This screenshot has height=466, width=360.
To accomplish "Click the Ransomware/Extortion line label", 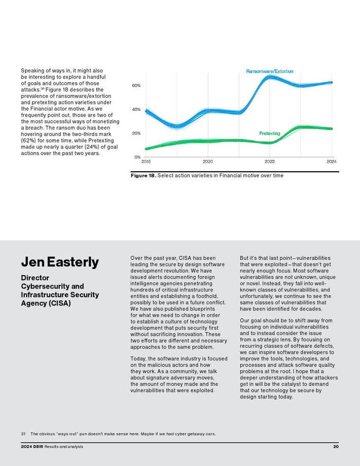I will click(270, 71).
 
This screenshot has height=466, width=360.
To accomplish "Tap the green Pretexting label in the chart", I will click(269, 133).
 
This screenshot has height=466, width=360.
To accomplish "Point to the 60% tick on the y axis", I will click(136, 85).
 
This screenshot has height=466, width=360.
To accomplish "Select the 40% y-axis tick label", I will click(136, 110).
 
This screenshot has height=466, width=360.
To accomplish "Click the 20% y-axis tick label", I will click(136, 133).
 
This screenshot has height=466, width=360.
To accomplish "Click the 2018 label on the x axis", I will click(146, 162).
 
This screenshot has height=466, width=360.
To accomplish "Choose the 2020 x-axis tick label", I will click(208, 162).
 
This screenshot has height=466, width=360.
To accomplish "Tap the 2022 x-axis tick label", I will click(269, 162).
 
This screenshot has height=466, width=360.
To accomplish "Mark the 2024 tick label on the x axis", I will click(332, 162).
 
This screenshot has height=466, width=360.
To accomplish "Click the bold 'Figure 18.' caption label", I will click(143, 176).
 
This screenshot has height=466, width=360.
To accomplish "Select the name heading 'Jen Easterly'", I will click(60, 262).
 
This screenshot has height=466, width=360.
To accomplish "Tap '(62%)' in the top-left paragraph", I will click(28, 140).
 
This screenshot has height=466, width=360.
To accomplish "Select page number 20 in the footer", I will click(335, 446).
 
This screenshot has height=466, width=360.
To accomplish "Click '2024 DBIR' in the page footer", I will click(32, 446).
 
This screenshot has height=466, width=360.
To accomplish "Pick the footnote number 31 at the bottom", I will click(23, 434).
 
